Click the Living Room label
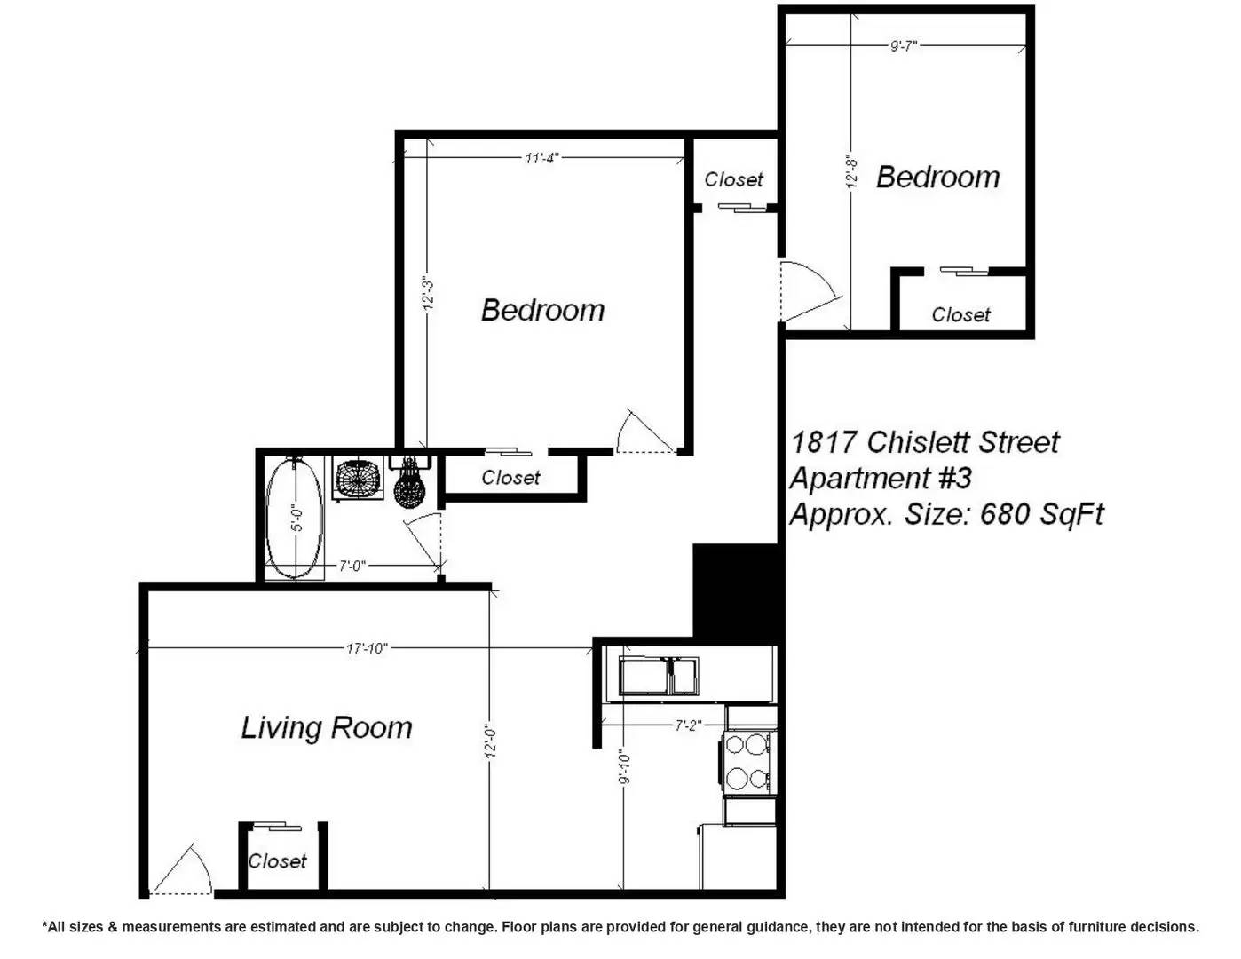click(326, 728)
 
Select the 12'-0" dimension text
click(490, 742)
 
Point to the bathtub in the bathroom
click(295, 519)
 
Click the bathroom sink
click(358, 479)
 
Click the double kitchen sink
click(659, 676)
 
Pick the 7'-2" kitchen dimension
click(688, 725)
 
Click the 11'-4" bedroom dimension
click(541, 158)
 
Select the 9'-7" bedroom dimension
click(904, 45)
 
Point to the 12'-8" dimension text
click(852, 171)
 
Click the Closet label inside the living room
click(277, 860)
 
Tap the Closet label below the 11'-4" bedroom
click(510, 477)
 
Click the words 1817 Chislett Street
click(925, 442)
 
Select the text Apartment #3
click(880, 478)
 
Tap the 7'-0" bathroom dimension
click(352, 566)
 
